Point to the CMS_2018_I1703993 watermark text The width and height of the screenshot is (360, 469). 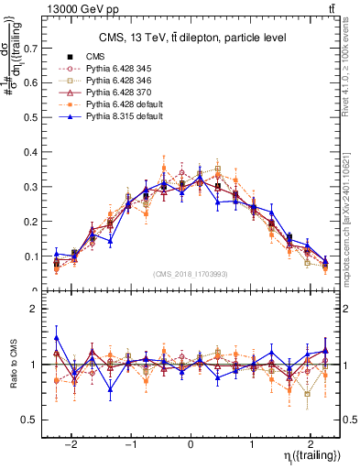(191, 272)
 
